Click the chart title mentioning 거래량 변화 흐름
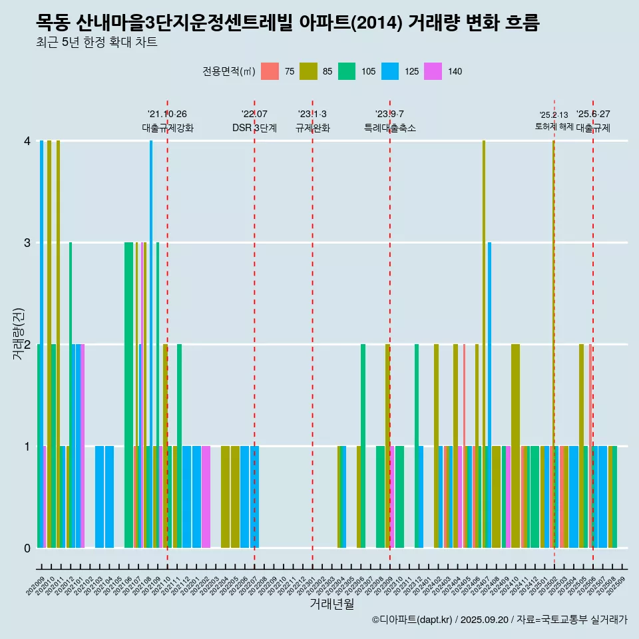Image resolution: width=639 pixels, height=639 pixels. tap(288, 23)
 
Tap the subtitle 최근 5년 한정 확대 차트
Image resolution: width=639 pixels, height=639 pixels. tap(97, 43)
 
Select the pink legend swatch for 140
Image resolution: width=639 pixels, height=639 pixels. tap(433, 71)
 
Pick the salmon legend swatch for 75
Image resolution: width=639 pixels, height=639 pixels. tap(270, 71)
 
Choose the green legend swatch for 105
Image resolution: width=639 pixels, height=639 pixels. tap(347, 71)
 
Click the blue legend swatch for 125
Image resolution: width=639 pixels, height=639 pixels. tap(390, 71)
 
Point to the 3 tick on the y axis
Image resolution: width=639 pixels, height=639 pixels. tap(27, 242)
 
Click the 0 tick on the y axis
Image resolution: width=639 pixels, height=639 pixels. tap(27, 548)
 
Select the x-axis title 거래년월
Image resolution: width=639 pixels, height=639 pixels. tap(331, 604)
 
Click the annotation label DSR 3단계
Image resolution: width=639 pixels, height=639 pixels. tap(254, 128)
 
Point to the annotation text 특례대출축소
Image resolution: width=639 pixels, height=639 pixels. tap(390, 128)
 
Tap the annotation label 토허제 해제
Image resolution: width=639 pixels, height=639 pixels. tap(554, 126)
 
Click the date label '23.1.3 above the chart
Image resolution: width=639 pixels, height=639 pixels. tap(312, 114)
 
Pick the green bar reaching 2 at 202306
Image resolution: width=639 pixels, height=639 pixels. tap(363, 446)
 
